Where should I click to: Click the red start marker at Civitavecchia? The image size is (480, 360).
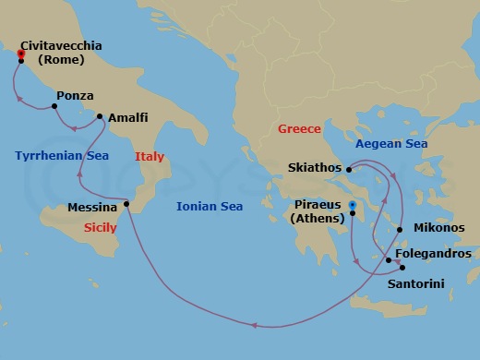20,54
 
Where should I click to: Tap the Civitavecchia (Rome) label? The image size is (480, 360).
67,53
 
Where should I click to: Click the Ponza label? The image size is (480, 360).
75,95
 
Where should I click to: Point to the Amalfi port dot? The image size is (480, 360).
100,116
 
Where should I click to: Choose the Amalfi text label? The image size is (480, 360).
128,119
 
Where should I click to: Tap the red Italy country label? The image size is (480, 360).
150,157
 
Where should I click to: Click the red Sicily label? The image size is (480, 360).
101,227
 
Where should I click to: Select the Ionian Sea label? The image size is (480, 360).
210,207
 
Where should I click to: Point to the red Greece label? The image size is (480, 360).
299,129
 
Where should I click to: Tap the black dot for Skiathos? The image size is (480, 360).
348,169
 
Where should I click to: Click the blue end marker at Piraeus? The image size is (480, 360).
353,205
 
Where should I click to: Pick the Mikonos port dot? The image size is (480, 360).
399,229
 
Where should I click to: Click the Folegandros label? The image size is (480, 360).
433,253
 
